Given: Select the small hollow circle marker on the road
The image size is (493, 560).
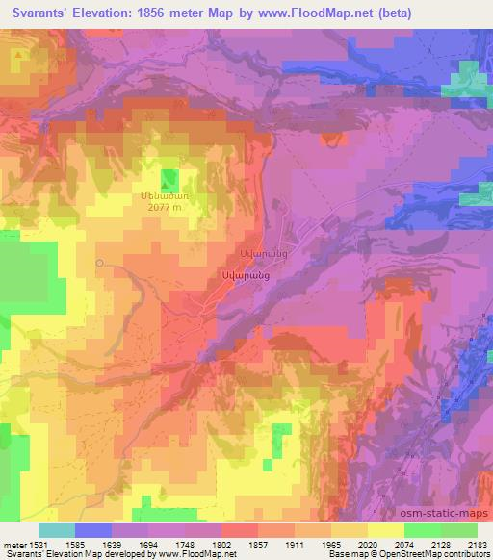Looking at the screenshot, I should (x=99, y=262).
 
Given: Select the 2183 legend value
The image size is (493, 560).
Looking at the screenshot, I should (x=477, y=544).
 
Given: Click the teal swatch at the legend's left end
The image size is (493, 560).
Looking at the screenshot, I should (x=57, y=530).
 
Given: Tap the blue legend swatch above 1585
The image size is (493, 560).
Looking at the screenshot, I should (x=93, y=530).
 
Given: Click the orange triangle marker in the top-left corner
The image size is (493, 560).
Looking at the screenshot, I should (x=18, y=55).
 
